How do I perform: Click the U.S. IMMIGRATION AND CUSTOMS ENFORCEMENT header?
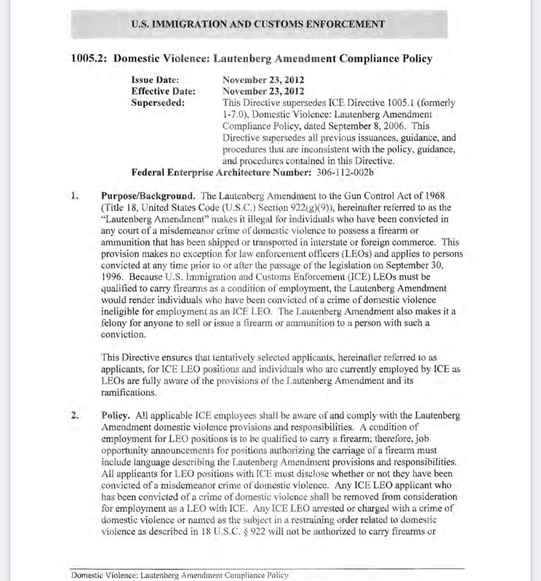[x=258, y=24]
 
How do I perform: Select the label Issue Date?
[x=155, y=80]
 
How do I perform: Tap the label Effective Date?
[x=163, y=91]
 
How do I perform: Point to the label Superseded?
[x=158, y=103]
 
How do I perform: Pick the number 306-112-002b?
[x=345, y=172]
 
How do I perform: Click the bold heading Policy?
[x=116, y=416]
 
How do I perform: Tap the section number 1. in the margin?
[x=74, y=196]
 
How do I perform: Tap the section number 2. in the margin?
[x=75, y=416]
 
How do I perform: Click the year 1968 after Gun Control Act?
[x=435, y=196]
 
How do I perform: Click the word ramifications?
[x=129, y=392]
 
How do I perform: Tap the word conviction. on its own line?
[x=123, y=335]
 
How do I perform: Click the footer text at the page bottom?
[x=180, y=575]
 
